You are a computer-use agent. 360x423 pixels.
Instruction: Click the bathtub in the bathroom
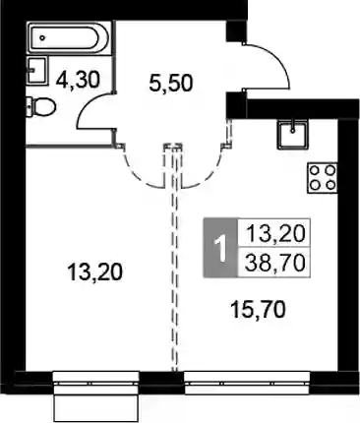point(69,37)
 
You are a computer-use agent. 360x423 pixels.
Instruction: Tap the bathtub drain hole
point(42,37)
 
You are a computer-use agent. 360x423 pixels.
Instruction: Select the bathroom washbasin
point(36,70)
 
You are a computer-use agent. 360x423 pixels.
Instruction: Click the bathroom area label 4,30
point(78,80)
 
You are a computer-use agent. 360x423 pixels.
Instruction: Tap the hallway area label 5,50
point(170,83)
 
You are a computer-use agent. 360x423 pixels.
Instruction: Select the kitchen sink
point(293,134)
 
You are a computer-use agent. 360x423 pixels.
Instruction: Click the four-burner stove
point(323,178)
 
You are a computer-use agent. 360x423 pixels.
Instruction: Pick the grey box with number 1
point(220,248)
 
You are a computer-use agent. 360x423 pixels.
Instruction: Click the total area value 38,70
point(274,263)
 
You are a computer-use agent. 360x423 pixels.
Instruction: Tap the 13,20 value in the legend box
point(275,233)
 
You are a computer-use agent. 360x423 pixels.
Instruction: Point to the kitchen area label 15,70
point(258,310)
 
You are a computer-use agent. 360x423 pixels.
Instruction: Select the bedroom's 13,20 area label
point(95,272)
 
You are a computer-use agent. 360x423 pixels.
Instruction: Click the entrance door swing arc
point(277,57)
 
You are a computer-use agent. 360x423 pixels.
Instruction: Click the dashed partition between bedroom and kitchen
point(177,258)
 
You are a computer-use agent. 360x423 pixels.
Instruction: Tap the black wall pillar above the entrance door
point(236,30)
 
